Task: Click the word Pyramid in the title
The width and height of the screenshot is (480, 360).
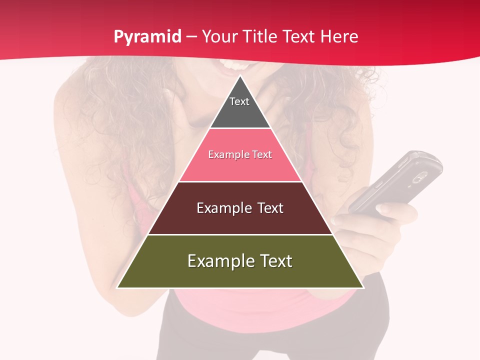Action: point(147,37)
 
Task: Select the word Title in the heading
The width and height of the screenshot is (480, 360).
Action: point(261,37)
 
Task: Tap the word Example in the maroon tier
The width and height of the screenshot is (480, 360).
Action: point(219,208)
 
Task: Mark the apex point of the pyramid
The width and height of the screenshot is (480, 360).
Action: point(240,76)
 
